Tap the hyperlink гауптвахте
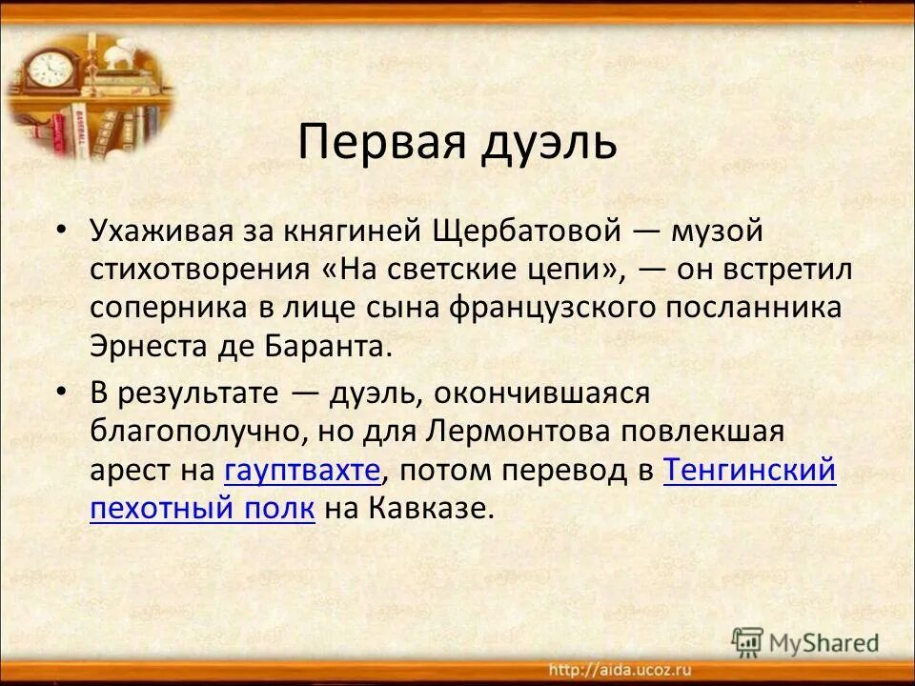click(302, 471)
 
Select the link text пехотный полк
click(202, 509)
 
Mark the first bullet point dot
click(62, 232)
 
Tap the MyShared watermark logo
click(806, 641)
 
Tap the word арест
click(125, 471)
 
